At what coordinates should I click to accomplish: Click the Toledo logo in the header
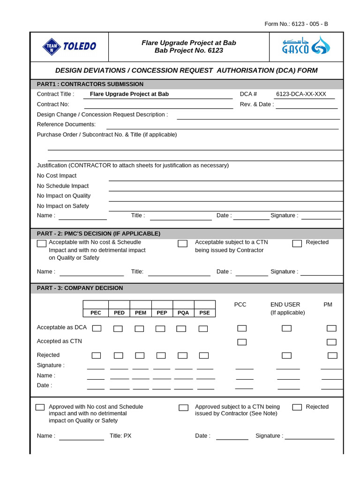69,46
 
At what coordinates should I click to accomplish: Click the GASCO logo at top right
306,46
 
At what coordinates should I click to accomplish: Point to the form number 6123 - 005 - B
296,24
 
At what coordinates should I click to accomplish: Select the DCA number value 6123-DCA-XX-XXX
301,94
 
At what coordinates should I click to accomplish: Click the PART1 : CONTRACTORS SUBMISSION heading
90,84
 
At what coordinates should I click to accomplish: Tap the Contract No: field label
53,104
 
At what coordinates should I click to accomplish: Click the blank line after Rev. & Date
307,105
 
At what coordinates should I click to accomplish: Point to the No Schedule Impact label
63,186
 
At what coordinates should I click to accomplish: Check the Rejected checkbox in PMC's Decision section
297,243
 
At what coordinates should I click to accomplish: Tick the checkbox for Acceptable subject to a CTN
182,243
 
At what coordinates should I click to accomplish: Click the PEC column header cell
96,313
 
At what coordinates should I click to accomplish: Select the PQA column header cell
183,313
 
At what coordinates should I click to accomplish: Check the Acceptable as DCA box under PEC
97,328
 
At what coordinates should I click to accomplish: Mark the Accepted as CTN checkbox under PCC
242,342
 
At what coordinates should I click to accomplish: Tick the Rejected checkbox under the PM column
332,355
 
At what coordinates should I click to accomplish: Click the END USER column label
285,305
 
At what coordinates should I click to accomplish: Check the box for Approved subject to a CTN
183,407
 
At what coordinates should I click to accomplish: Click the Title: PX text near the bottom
120,435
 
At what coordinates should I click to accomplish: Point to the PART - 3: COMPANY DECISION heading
80,288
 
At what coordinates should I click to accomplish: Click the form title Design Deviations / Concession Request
186,70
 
